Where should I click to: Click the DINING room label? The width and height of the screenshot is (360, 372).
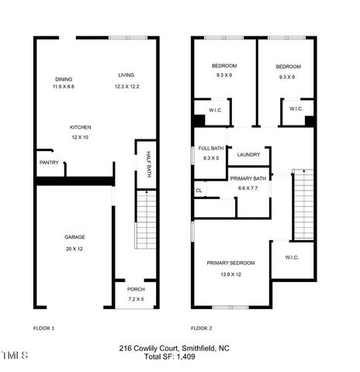coord(64,78)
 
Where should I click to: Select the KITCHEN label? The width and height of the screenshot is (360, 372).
coord(81,127)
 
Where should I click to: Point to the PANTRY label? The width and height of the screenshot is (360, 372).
coord(50,162)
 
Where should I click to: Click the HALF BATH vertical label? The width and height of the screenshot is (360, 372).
coord(148,164)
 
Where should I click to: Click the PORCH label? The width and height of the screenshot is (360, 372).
coord(137,290)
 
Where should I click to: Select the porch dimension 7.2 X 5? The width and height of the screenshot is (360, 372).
coord(137,298)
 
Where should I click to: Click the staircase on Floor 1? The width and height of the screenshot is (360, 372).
coord(144,217)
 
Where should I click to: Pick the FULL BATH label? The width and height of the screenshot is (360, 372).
coord(210,148)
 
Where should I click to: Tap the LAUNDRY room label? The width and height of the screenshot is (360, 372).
coord(248,154)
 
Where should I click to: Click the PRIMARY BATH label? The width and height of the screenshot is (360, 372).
coord(248,178)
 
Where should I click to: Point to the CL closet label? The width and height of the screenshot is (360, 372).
coord(199,190)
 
